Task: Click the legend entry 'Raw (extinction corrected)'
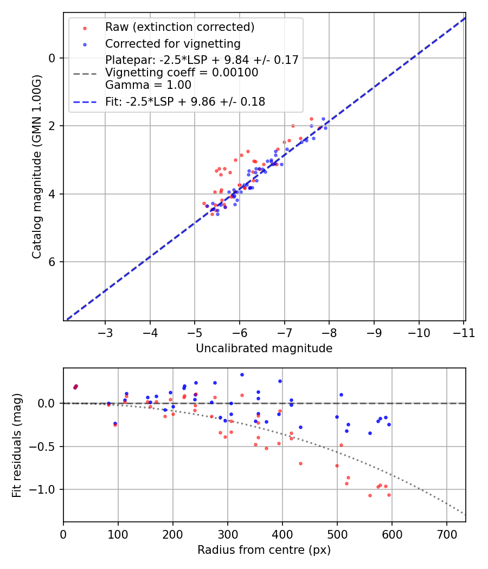tap(179, 27)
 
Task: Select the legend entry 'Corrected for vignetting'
tap(172, 43)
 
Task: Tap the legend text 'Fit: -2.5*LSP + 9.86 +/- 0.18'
tap(185, 101)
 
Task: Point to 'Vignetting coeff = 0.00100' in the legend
tap(182, 73)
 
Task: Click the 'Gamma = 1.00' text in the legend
tap(148, 85)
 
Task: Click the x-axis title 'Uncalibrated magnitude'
tap(264, 348)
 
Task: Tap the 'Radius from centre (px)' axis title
tap(264, 550)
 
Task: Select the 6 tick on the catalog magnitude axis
tap(53, 262)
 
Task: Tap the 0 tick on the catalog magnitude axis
tap(53, 58)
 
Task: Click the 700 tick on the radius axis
tap(446, 534)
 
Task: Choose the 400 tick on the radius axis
tap(282, 534)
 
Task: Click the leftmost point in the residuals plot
tap(75, 387)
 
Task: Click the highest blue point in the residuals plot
tap(242, 374)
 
